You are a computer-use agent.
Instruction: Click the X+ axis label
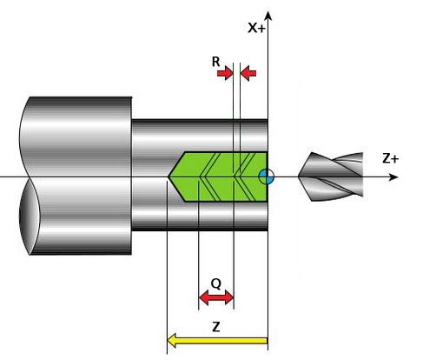(x=256, y=28)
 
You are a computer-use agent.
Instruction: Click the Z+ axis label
(x=391, y=158)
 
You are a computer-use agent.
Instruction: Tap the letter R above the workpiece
(x=216, y=62)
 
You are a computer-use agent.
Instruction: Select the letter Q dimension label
(x=216, y=284)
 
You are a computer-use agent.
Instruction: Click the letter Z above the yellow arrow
(x=216, y=327)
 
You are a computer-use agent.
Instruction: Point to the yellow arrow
(x=217, y=341)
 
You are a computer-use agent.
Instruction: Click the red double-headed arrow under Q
(x=216, y=297)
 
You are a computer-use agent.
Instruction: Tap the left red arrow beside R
(x=225, y=73)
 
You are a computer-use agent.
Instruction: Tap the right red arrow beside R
(x=248, y=73)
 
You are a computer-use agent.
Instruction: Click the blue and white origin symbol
(x=267, y=177)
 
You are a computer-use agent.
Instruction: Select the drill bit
(x=331, y=177)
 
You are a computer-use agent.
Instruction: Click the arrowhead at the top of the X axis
(x=268, y=16)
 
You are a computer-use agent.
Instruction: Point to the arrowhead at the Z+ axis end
(x=393, y=177)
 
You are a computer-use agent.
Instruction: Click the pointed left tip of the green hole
(x=168, y=177)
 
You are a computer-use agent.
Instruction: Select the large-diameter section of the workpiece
(x=76, y=176)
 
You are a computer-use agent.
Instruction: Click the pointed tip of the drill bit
(x=299, y=177)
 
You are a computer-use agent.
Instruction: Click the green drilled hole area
(x=220, y=177)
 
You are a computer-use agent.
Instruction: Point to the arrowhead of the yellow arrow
(x=172, y=341)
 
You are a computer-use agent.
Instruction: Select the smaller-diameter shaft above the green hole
(x=199, y=136)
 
